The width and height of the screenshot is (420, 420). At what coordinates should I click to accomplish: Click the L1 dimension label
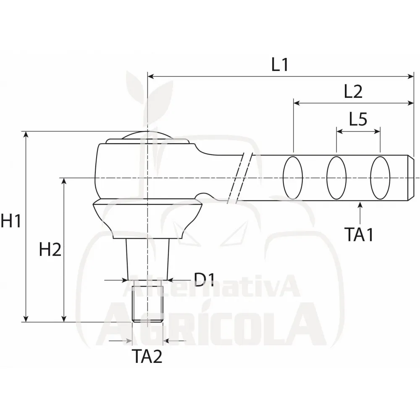point(280,65)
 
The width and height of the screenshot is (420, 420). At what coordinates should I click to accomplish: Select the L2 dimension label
point(353,92)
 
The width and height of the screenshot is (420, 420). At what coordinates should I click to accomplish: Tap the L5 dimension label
point(358,119)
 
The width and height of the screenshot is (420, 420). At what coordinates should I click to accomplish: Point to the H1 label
point(11,221)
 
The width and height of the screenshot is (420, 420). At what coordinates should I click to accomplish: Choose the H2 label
point(50,249)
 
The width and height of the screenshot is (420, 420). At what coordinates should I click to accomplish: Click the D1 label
point(204,280)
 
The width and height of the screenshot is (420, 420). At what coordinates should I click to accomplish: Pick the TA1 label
point(359,234)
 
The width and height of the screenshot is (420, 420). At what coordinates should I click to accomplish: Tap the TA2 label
point(147,357)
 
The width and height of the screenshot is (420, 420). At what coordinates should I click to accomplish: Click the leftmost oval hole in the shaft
point(293,178)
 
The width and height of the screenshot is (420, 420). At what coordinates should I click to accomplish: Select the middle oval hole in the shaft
point(336,178)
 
